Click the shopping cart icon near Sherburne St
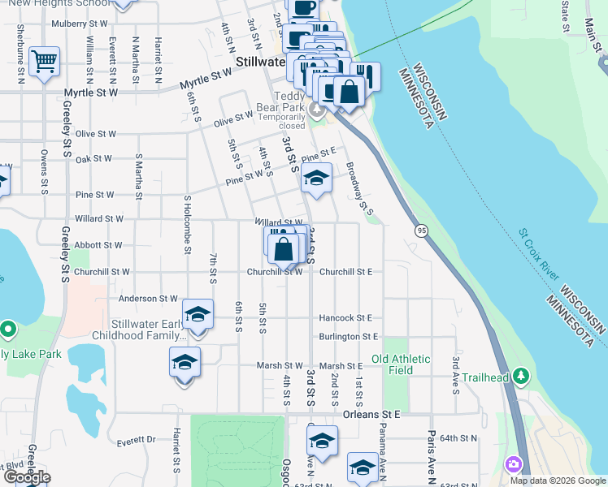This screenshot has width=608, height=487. click(x=44, y=61)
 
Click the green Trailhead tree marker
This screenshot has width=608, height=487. click(x=520, y=377)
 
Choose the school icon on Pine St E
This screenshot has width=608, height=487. click(x=315, y=179)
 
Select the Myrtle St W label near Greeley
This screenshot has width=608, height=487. click(x=91, y=93)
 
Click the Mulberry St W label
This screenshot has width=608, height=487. click(x=79, y=24)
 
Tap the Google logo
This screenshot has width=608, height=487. click(x=26, y=476)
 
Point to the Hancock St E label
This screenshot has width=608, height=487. click(x=345, y=318)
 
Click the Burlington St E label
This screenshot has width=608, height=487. click(x=349, y=336)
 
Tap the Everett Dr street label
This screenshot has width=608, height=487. click(x=136, y=440)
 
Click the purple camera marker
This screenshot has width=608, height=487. click(x=513, y=465)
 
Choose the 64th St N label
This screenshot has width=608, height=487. click(x=458, y=438)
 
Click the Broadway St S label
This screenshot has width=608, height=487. click(x=359, y=190)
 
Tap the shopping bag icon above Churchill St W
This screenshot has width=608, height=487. click(x=284, y=248)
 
